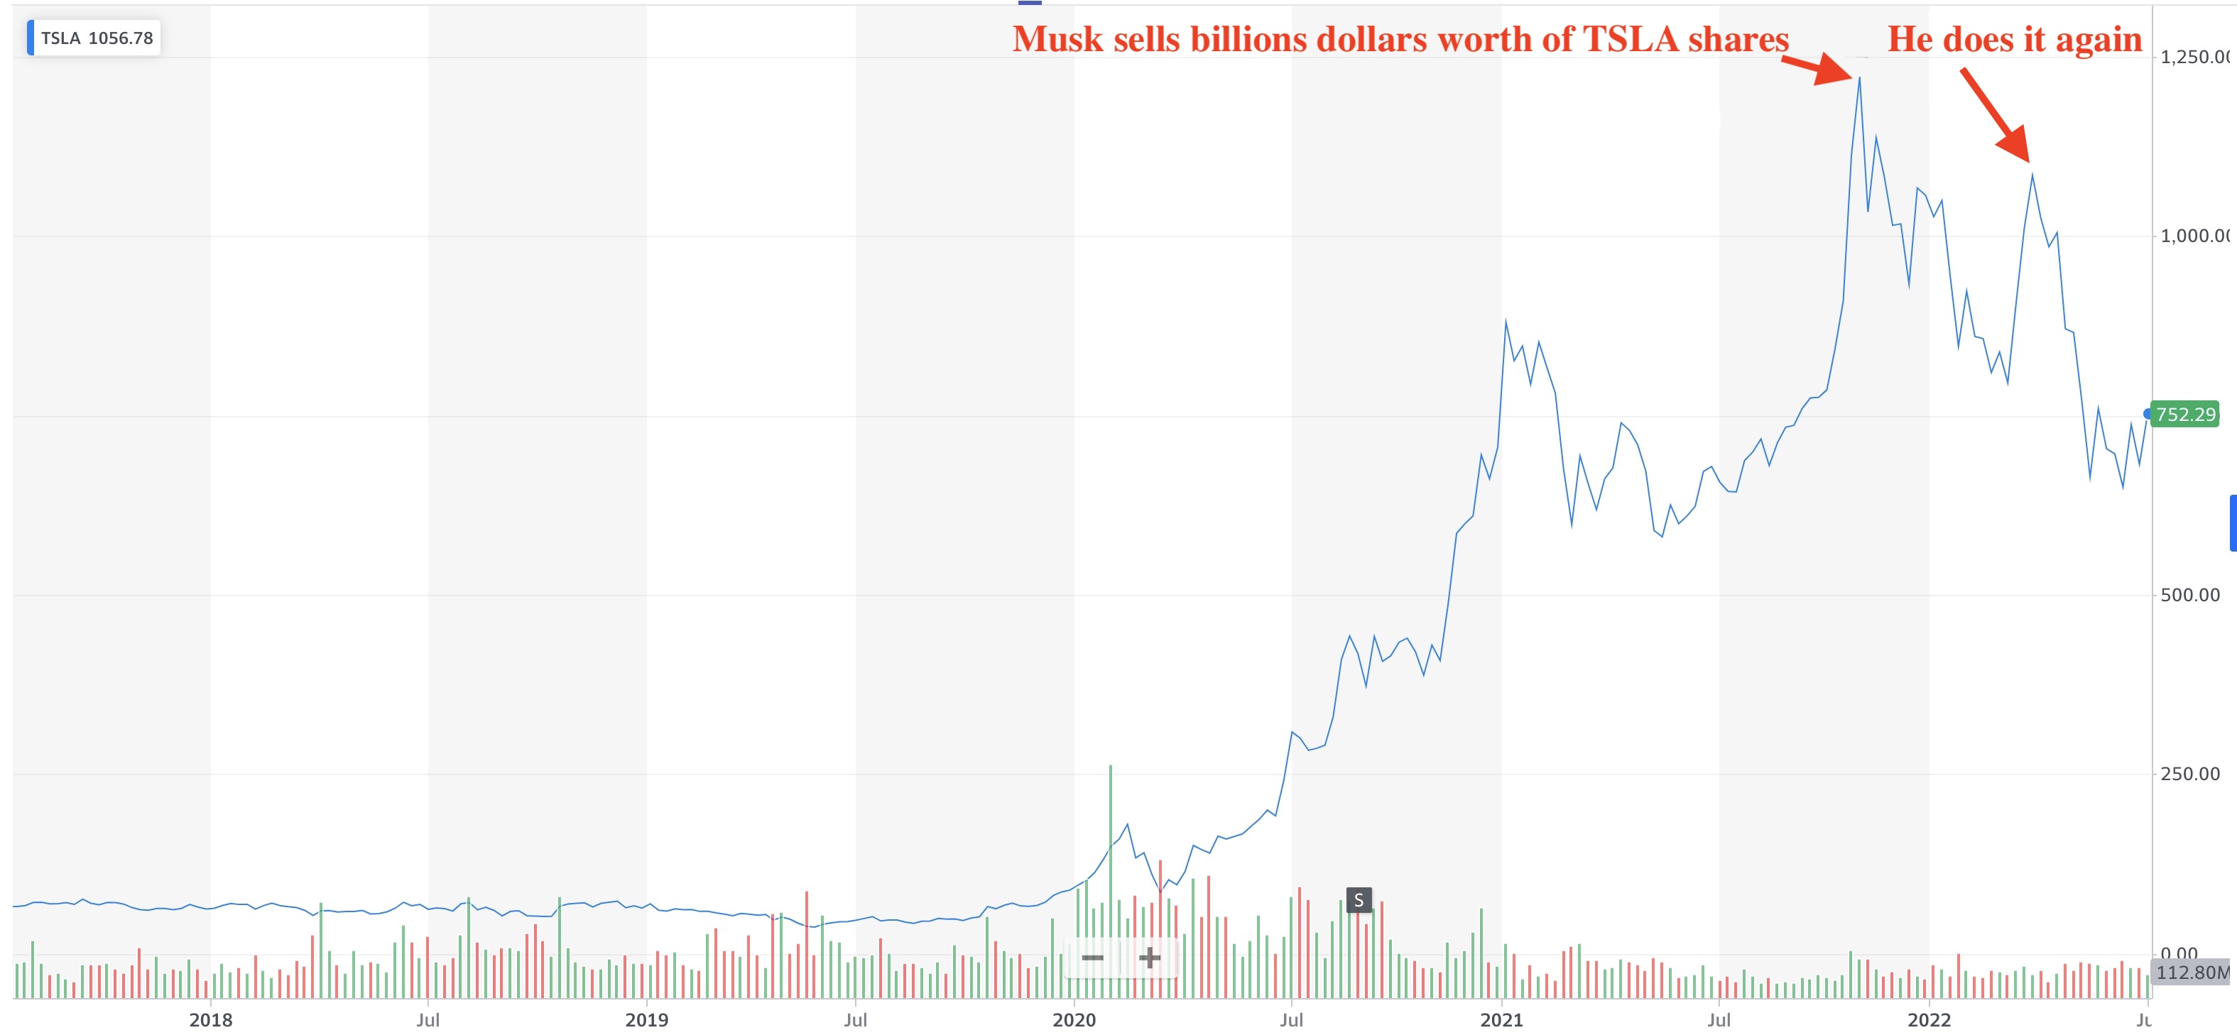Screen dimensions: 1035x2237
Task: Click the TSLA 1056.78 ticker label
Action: pos(96,38)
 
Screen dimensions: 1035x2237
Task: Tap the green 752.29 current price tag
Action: pos(2185,414)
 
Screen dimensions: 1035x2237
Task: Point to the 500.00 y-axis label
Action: pos(2189,595)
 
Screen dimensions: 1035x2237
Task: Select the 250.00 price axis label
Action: pos(2189,774)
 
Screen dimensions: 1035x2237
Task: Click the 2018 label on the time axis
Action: pos(210,1019)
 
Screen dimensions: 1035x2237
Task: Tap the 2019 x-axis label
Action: pos(646,1019)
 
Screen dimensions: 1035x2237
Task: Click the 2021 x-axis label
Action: pos(1501,1019)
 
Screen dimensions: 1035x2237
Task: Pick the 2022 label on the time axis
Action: pos(1928,1019)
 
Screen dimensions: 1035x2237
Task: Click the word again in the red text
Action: pos(2101,39)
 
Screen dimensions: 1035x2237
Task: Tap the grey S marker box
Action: pos(1358,899)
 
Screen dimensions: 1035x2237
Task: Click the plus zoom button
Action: pos(1149,958)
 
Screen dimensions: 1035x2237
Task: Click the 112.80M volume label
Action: pos(2190,972)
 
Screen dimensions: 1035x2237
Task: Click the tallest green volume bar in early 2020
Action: pos(1110,877)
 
